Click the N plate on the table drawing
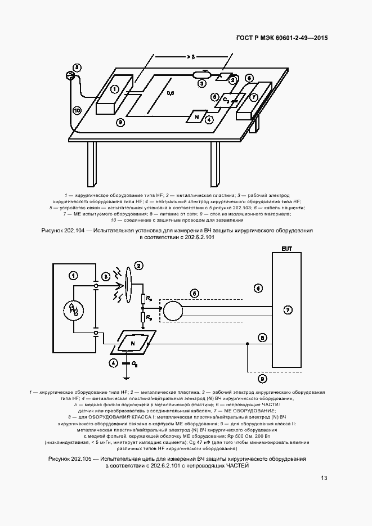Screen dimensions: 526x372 pos(197,116)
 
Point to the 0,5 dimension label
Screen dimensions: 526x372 pos(170,93)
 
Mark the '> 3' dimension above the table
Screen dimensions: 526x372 pos(191,57)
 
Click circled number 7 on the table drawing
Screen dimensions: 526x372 pos(254,97)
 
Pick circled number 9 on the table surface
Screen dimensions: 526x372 pos(120,122)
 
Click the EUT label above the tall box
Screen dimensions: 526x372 pos(287,248)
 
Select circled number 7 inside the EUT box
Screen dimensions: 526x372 pos(288,310)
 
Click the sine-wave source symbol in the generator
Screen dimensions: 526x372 pos(73,309)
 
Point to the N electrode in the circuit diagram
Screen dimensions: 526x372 pos(133,343)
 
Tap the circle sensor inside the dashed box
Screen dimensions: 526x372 pos(174,309)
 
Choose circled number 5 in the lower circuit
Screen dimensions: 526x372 pos(195,293)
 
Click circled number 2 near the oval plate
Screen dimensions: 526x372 pos(138,266)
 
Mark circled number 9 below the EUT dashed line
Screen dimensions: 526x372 pos(262,379)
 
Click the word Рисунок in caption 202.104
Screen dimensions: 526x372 pos(55,231)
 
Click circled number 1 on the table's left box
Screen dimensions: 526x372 pos(114,88)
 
